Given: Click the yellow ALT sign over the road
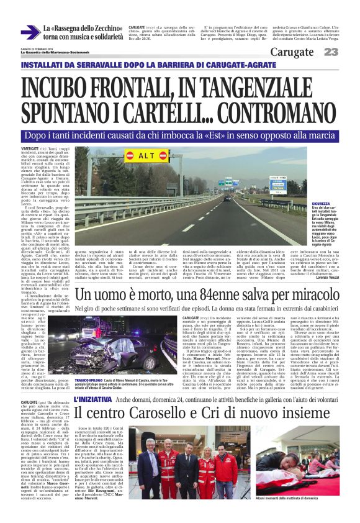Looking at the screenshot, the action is point(147,154).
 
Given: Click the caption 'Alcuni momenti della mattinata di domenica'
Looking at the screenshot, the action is point(305,516).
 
